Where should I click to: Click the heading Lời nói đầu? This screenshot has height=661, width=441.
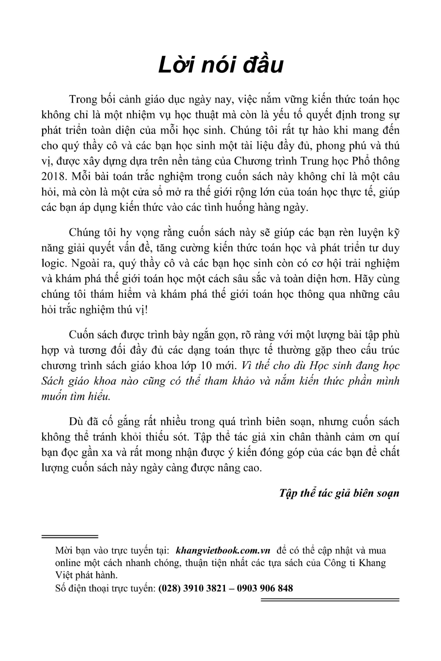tap(220, 65)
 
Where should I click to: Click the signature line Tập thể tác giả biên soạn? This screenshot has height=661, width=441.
tap(339, 493)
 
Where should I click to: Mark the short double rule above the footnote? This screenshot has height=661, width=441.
tap(69, 536)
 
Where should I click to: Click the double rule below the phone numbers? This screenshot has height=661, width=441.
tap(330, 600)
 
